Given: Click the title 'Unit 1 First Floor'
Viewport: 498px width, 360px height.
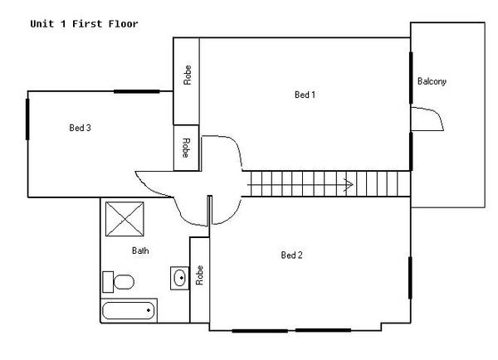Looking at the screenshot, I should coord(84,24).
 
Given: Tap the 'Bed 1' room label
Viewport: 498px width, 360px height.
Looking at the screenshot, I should coord(305,95).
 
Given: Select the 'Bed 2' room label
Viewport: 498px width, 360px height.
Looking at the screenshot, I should coord(291,255).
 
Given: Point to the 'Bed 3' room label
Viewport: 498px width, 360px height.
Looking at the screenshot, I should coord(80,128).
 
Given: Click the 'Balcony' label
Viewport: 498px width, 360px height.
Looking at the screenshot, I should coord(432,81).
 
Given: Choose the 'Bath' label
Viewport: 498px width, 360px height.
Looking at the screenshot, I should coord(140,251).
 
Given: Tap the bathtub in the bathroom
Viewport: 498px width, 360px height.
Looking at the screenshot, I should coord(129,311).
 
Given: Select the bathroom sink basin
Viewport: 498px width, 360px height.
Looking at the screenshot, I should coord(179,277).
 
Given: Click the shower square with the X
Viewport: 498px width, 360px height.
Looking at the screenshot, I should coord(125,219).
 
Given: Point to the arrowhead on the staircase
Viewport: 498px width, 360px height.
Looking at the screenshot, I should coord(349,184).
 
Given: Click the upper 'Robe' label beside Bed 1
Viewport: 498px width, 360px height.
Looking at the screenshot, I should coord(188,77).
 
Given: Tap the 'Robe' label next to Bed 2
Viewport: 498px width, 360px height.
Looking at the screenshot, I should coord(199,275).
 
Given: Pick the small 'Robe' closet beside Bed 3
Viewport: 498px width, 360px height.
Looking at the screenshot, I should coord(186,147).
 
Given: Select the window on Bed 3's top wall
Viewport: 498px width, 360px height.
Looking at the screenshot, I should coord(136,91).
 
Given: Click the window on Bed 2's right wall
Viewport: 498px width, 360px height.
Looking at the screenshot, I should coord(410,278).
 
